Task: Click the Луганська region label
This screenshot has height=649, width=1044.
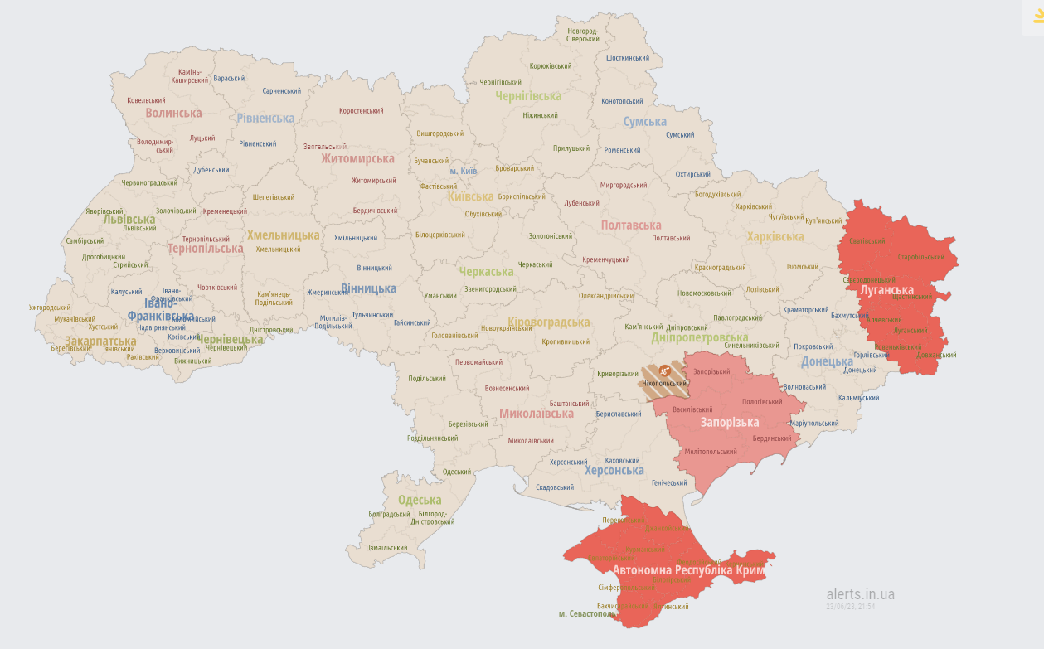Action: (886, 291)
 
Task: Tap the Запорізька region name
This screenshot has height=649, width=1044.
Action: (730, 423)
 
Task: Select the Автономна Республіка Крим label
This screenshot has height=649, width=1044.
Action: (689, 571)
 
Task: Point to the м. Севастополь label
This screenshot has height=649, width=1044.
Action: (586, 613)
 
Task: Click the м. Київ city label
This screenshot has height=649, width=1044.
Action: (463, 171)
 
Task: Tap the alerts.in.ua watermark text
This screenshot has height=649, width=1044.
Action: (860, 594)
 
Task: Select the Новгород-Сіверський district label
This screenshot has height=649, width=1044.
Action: (582, 35)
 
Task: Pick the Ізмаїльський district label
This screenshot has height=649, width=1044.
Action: (387, 548)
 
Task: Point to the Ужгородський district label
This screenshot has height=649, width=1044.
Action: (50, 308)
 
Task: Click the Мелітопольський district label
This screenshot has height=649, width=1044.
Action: (711, 452)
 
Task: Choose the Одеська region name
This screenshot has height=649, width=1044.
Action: (420, 500)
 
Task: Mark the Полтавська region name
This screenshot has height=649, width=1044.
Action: (631, 225)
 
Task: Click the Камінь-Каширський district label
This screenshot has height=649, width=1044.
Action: (190, 76)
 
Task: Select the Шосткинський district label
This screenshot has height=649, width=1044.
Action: (628, 58)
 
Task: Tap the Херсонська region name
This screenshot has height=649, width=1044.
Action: (614, 471)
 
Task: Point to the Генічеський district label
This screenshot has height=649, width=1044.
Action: (669, 482)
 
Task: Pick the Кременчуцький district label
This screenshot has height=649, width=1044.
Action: (605, 259)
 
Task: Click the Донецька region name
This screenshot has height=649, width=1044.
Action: (827, 362)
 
